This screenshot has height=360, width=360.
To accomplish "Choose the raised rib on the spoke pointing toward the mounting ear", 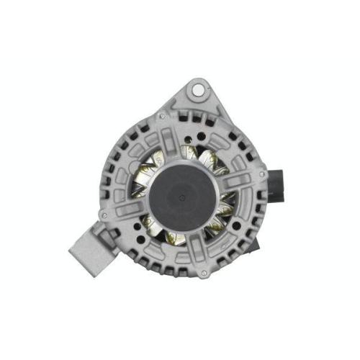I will tap(178, 137).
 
